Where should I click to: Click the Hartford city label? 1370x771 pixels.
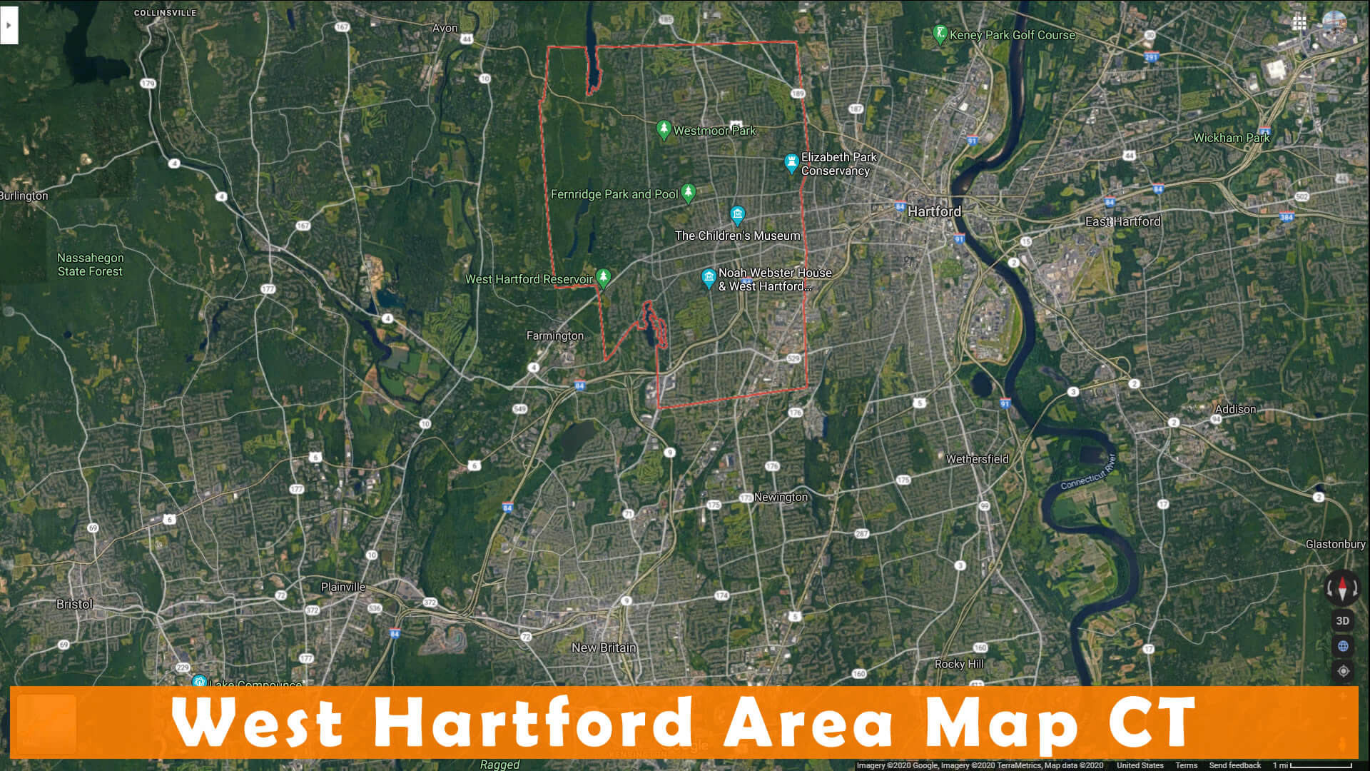pyautogui.click(x=934, y=211)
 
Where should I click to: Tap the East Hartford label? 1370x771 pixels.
pyautogui.click(x=1122, y=221)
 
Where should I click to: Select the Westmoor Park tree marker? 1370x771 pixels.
pyautogui.click(x=664, y=129)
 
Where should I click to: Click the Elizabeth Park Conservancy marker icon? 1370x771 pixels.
pyautogui.click(x=791, y=162)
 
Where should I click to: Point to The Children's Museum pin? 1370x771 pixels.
pyautogui.click(x=737, y=214)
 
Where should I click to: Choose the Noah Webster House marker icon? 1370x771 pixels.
pyautogui.click(x=709, y=278)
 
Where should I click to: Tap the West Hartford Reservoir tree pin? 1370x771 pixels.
pyautogui.click(x=603, y=277)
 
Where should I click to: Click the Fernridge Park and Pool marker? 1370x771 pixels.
pyautogui.click(x=688, y=192)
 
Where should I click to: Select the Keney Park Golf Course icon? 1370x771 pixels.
pyautogui.click(x=940, y=33)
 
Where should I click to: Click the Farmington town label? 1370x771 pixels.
pyautogui.click(x=554, y=336)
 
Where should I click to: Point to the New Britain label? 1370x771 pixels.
pyautogui.click(x=604, y=647)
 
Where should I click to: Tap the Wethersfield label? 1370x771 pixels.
pyautogui.click(x=977, y=459)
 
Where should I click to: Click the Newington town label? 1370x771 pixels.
pyautogui.click(x=781, y=497)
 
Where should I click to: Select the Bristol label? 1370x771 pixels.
pyautogui.click(x=74, y=604)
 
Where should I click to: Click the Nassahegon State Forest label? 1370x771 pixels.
pyautogui.click(x=90, y=264)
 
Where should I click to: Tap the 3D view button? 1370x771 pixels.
pyautogui.click(x=1342, y=620)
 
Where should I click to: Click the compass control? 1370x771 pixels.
pyautogui.click(x=1342, y=588)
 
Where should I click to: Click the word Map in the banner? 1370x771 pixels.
pyautogui.click(x=1000, y=722)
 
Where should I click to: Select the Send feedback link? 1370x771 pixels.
pyautogui.click(x=1234, y=765)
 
